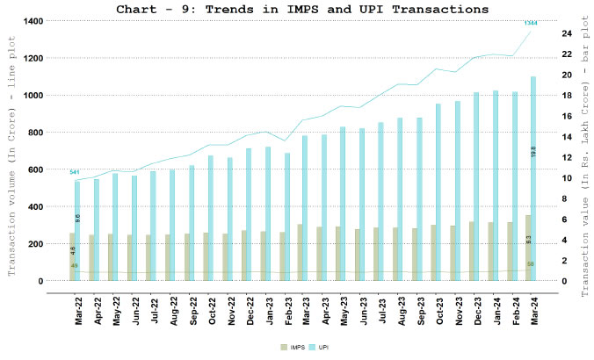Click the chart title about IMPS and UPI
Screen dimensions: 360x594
click(302, 9)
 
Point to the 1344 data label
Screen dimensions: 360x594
click(531, 23)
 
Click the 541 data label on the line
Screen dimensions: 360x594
click(75, 172)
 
